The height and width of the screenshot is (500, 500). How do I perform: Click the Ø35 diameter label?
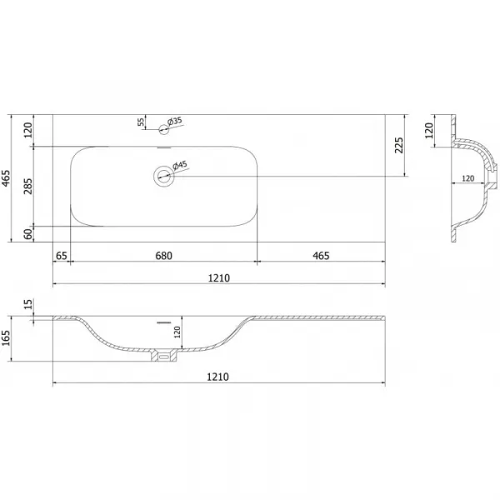point(175,122)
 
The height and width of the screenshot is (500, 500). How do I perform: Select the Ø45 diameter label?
point(179,166)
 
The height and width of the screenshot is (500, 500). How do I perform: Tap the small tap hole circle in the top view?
point(163,129)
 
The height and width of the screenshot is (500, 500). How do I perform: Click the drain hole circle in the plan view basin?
point(164,176)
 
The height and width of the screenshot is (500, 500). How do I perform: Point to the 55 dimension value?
point(141,122)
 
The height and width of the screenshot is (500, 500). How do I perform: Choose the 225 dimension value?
point(399,145)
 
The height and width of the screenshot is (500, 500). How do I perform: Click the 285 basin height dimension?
point(28,186)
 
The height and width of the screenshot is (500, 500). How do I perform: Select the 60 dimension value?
point(28,233)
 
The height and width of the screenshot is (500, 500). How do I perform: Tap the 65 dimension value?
point(61,256)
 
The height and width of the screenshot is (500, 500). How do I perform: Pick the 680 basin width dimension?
point(164,256)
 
